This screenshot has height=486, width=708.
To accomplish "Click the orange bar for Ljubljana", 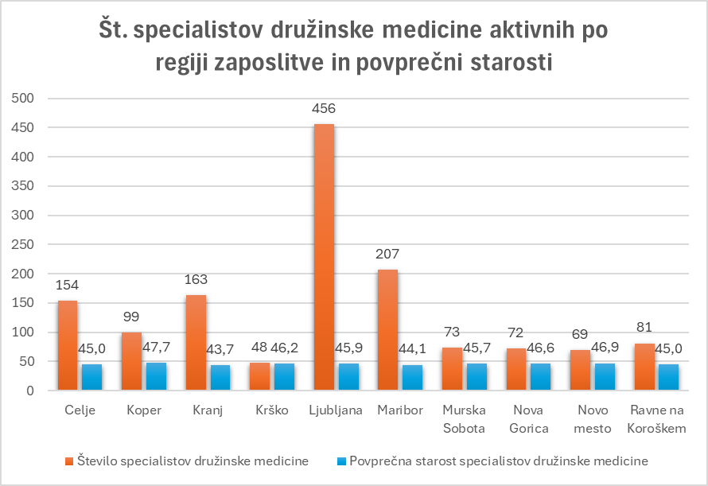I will click(x=324, y=257).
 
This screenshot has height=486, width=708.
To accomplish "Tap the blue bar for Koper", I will click(x=156, y=376).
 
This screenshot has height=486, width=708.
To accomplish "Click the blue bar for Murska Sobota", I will click(x=477, y=377).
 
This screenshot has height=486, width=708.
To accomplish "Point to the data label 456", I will click(x=325, y=109).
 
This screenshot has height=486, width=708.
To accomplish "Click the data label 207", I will click(x=388, y=255).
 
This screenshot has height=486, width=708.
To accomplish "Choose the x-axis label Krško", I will click(x=272, y=410).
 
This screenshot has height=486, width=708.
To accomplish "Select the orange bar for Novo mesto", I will click(x=580, y=371).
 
